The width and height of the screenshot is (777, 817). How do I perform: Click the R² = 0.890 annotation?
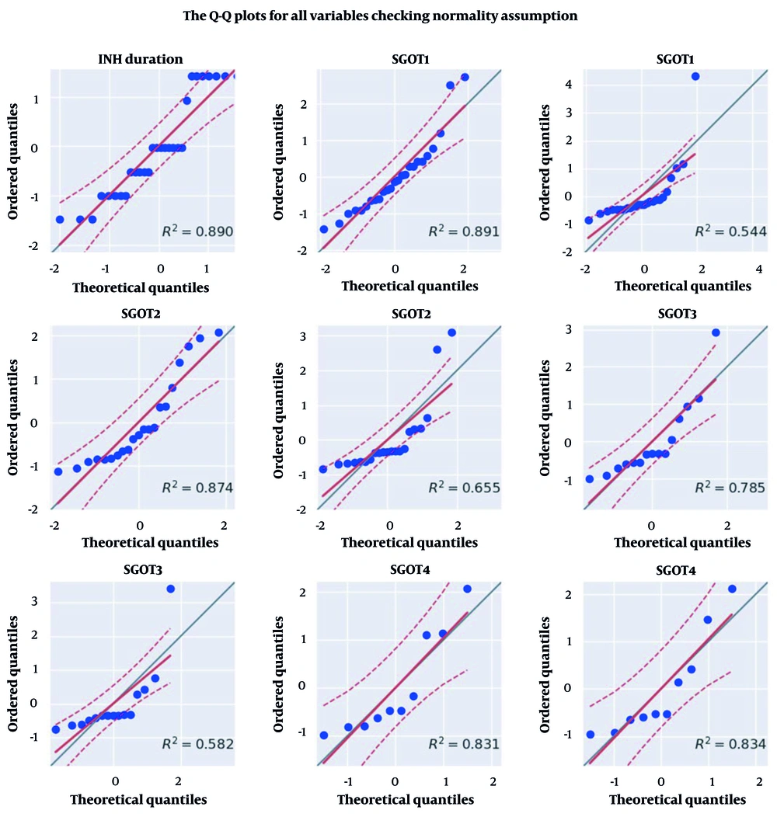(197, 231)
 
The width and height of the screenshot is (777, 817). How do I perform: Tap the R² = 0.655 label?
(464, 488)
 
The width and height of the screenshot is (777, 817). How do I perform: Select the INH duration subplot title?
(141, 58)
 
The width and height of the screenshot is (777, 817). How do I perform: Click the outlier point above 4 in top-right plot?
(695, 76)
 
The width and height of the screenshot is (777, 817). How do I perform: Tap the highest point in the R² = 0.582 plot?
(170, 589)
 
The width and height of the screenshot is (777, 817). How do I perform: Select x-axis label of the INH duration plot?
(141, 287)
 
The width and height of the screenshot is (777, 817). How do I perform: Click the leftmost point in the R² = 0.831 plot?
(323, 735)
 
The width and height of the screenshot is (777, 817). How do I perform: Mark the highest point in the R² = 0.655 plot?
(451, 332)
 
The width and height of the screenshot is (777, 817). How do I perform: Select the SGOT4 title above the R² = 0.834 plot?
(674, 571)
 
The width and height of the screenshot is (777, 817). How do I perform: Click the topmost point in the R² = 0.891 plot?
(465, 77)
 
